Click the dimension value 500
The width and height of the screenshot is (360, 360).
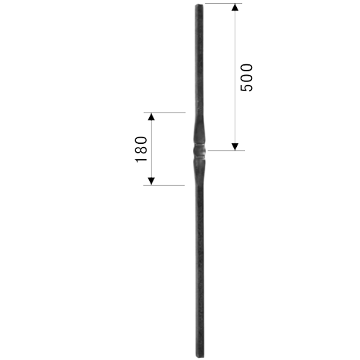click(x=246, y=78)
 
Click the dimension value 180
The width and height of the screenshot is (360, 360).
click(x=141, y=150)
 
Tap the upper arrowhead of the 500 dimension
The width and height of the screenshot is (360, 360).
click(x=235, y=7)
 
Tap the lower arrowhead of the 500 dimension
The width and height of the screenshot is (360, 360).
click(x=235, y=147)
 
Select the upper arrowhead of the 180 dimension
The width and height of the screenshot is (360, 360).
click(x=151, y=117)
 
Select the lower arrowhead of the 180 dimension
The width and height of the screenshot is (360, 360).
click(x=151, y=181)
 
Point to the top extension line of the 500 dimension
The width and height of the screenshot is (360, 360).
click(x=223, y=4)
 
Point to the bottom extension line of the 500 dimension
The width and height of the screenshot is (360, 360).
click(x=226, y=150)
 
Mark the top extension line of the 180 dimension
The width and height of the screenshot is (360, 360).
click(x=165, y=112)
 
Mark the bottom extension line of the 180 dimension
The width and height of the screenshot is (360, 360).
click(x=164, y=185)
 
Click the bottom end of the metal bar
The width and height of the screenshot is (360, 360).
click(x=200, y=356)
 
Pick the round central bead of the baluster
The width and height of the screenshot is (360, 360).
click(x=199, y=150)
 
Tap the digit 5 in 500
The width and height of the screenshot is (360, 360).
click(x=246, y=87)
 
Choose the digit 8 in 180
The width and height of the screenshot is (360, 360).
click(x=141, y=150)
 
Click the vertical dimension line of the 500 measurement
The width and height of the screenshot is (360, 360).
click(x=235, y=77)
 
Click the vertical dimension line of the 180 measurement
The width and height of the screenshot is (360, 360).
click(x=151, y=149)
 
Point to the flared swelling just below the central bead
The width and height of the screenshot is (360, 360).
click(x=200, y=169)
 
